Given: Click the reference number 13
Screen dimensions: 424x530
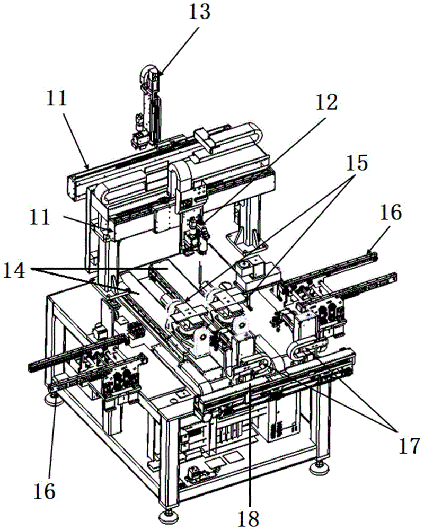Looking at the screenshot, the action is (199, 12).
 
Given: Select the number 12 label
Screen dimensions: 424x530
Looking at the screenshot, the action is (326, 102).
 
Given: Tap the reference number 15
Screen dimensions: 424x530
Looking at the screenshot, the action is (357, 163).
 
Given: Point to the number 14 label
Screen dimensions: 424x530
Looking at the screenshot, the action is (14, 271).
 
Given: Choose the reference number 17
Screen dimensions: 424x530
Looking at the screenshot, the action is (409, 446).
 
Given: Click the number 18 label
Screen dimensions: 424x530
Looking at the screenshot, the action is (249, 518).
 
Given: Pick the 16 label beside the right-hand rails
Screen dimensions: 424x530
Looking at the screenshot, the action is (391, 213).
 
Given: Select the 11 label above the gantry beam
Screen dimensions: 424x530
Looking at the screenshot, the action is (57, 99).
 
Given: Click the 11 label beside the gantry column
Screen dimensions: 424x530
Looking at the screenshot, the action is (40, 217).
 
